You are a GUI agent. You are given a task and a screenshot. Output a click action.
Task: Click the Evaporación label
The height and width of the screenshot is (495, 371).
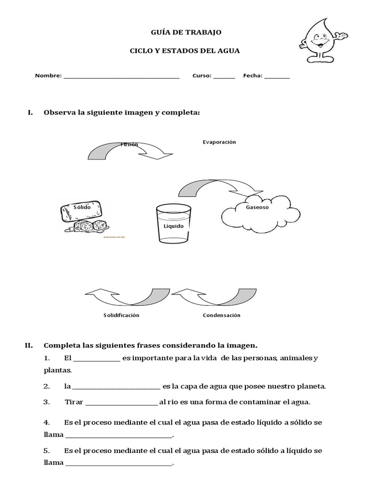coord(219,142)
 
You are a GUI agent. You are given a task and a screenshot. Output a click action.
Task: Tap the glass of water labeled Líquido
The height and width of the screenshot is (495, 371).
coord(173,223)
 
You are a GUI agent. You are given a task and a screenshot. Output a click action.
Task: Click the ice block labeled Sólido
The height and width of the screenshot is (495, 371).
coord(83,210)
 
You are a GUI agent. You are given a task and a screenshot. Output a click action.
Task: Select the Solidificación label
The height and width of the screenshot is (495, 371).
coord(121,315)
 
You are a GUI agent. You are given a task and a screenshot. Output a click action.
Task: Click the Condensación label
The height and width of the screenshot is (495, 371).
coord(221,315)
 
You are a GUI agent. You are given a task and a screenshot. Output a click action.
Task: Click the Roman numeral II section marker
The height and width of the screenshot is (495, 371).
coord(29,345)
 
